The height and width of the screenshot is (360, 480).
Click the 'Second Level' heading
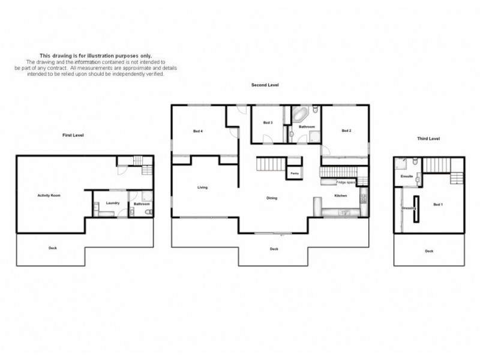click(x=265, y=86)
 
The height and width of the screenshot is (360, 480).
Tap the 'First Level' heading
click(x=73, y=136)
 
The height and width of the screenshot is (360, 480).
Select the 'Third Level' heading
click(x=428, y=139)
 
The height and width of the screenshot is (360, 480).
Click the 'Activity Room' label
click(x=49, y=195)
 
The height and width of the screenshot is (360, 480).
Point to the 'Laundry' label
click(x=112, y=203)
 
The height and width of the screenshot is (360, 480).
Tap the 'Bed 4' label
click(x=197, y=131)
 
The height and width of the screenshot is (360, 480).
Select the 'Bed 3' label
click(x=268, y=123)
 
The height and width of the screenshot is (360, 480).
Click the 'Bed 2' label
click(x=346, y=131)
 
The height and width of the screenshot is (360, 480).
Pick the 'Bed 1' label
click(x=437, y=205)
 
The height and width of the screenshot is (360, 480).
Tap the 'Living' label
click(x=202, y=188)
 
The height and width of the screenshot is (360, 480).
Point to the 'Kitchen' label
click(x=341, y=196)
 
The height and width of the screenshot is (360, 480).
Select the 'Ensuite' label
click(x=406, y=177)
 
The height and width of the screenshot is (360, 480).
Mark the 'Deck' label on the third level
click(x=428, y=251)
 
